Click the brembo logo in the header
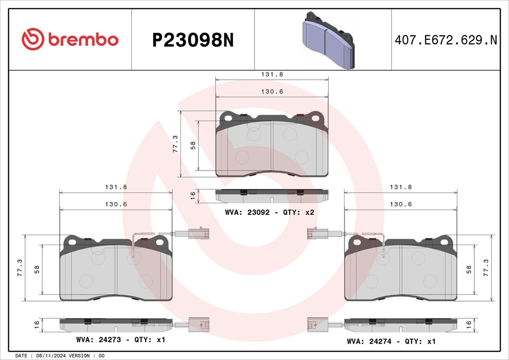(x=70, y=39)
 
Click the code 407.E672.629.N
(x=446, y=40)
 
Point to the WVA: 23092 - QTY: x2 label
(x=270, y=212)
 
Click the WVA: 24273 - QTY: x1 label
(x=121, y=340)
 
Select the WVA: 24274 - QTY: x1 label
(x=391, y=342)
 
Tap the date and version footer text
(x=60, y=356)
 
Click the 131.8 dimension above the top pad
(x=272, y=75)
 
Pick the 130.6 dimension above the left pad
(x=116, y=204)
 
